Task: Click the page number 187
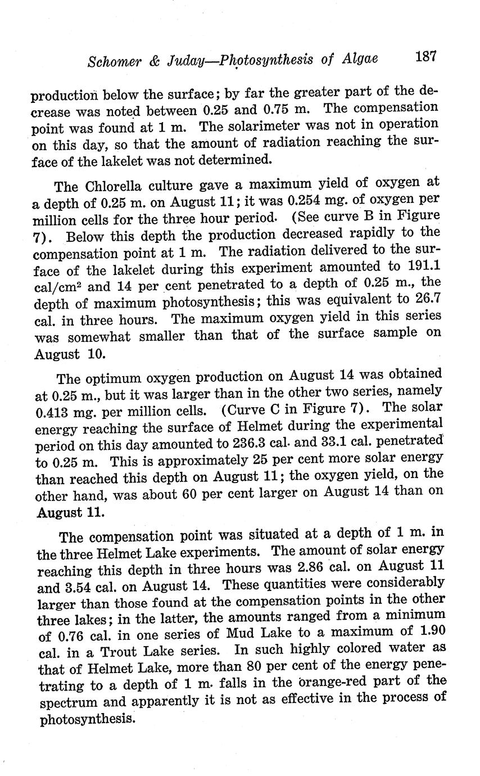tap(426, 57)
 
